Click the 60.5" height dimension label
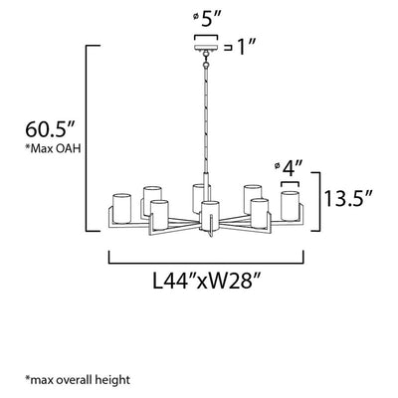pos(51,129)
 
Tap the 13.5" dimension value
pos(348,199)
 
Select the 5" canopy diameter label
pos(211,21)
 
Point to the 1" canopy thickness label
pos(247,48)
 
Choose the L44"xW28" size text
pos(205,282)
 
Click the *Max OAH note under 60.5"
pos(53,148)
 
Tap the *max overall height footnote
pos(78,379)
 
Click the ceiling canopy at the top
pos(206,48)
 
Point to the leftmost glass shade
pos(122,208)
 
